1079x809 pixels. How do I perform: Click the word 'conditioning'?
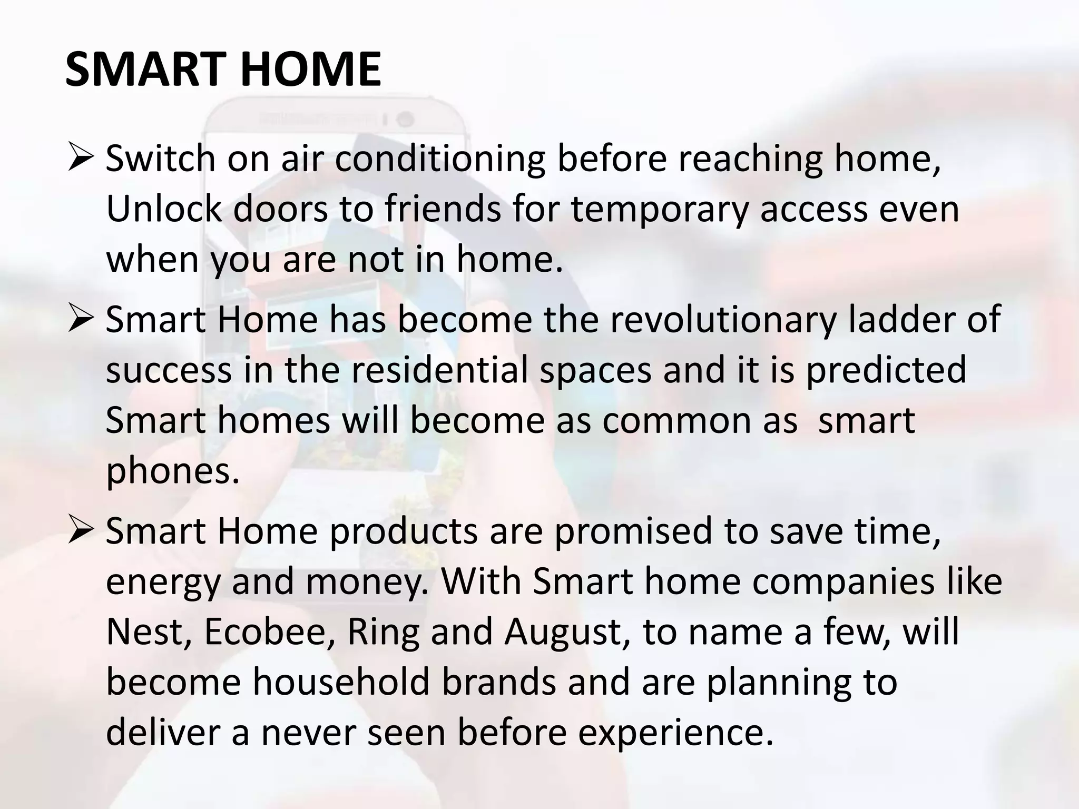tap(440, 159)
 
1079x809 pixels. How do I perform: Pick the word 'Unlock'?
tap(164, 209)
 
